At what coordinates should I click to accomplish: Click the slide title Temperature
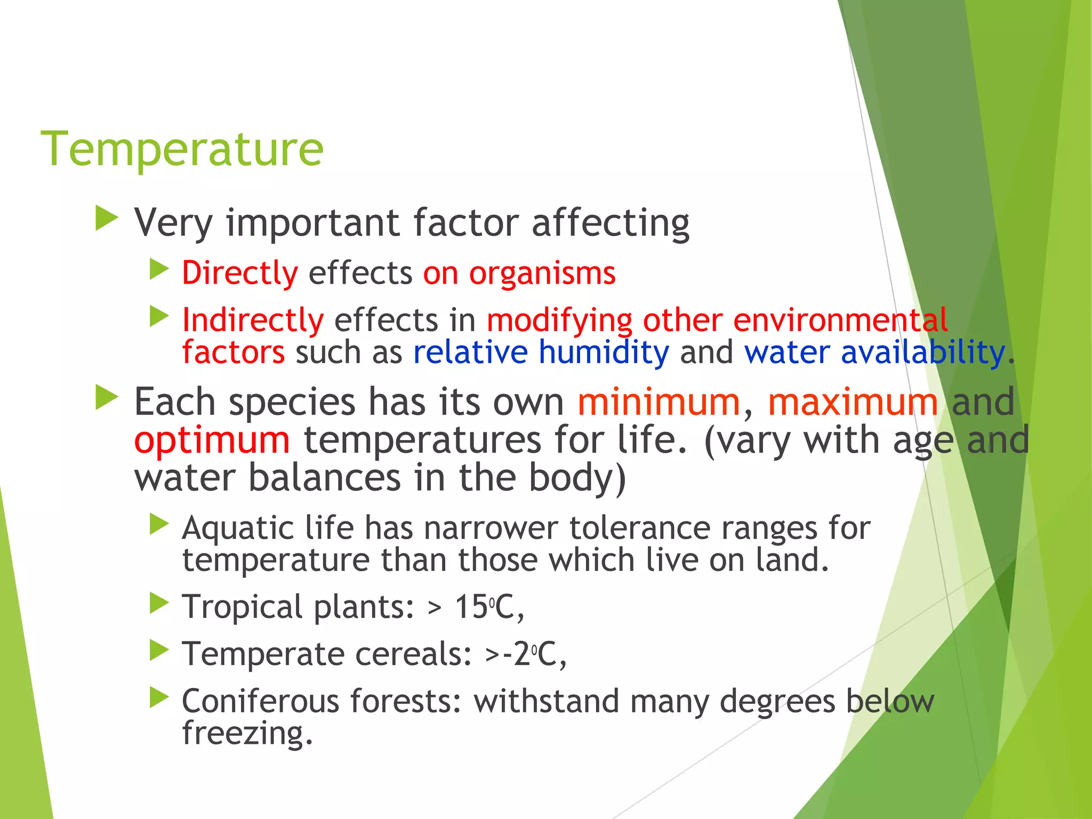click(x=182, y=149)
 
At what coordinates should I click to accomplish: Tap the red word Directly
click(x=240, y=274)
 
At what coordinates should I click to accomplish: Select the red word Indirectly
click(x=253, y=320)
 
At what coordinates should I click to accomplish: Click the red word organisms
click(x=542, y=274)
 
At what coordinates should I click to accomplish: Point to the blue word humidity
click(x=604, y=353)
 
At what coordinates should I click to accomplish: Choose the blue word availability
click(x=923, y=353)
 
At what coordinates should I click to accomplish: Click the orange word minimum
click(x=659, y=402)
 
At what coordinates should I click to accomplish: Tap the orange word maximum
click(x=853, y=402)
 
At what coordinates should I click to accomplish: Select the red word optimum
click(x=212, y=440)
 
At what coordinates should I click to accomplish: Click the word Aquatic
click(x=238, y=529)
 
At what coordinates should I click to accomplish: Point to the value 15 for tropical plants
click(x=471, y=607)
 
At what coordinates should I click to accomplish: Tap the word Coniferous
click(x=261, y=701)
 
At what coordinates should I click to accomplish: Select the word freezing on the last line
click(x=247, y=734)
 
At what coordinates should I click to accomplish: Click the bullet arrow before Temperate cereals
click(x=159, y=650)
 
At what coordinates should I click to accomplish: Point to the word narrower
click(x=491, y=529)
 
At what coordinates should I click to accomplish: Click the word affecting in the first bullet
click(x=611, y=223)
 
